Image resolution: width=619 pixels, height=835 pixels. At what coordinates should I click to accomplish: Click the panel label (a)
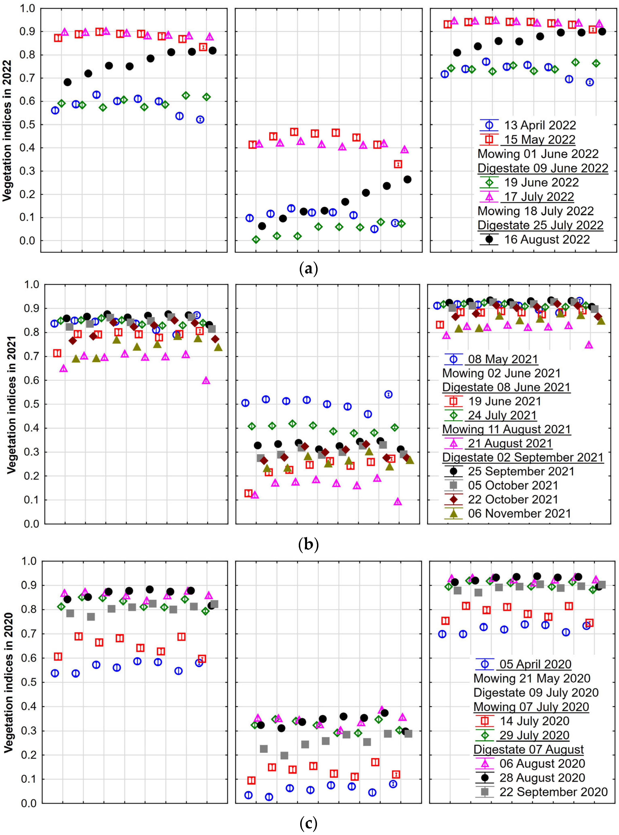click(309, 269)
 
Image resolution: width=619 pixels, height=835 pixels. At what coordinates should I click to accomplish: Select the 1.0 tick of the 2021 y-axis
click(31, 284)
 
